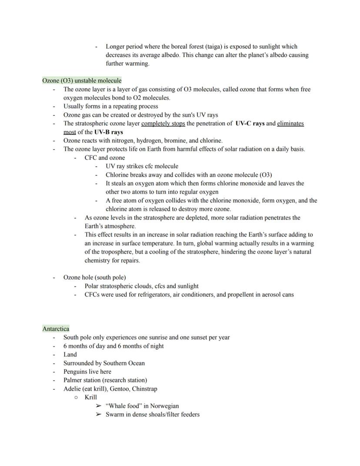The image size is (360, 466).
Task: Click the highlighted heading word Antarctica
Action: (56, 329)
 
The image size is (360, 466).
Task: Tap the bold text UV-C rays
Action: (250, 124)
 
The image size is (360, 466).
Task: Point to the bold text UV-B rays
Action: (108, 132)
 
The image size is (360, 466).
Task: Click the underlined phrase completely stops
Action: (163, 124)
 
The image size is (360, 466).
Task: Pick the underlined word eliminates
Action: (290, 124)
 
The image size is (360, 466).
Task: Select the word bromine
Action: (174, 141)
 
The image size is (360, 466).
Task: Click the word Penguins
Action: (75, 372)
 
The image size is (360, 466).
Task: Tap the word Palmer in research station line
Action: (73, 380)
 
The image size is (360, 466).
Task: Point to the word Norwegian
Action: (164, 406)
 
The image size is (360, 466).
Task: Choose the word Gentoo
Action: (117, 389)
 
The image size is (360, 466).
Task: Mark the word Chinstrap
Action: (144, 389)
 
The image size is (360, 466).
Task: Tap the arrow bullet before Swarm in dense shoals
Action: (98, 415)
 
